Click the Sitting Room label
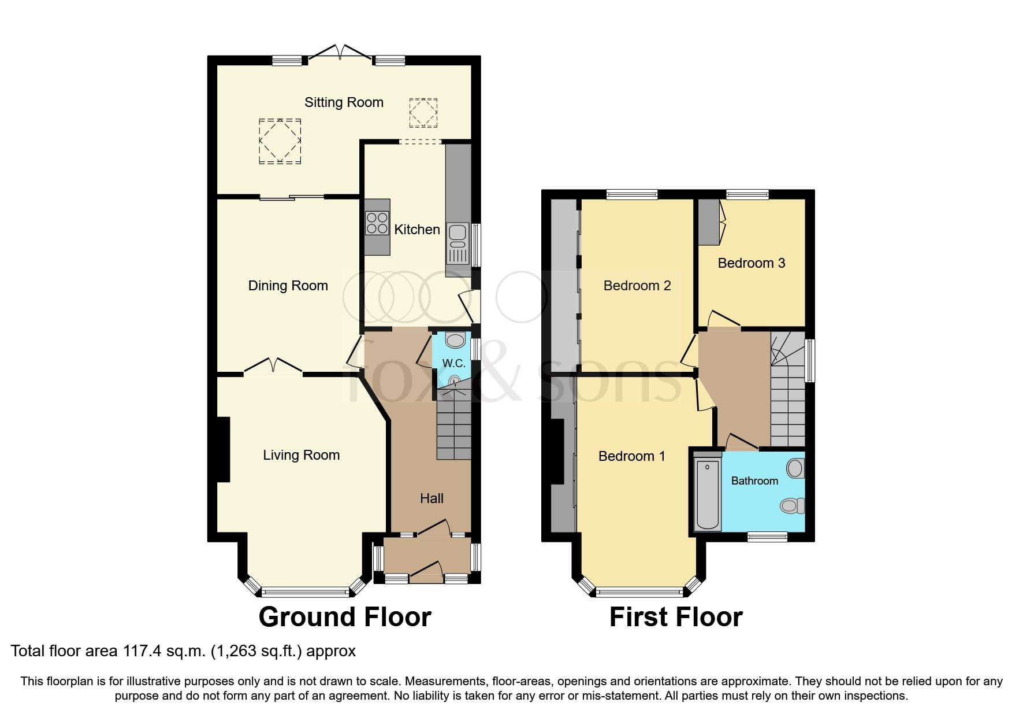(344, 102)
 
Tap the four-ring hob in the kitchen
(377, 223)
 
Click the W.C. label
(453, 363)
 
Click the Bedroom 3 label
(751, 263)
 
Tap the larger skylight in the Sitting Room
(280, 141)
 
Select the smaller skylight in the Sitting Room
(423, 113)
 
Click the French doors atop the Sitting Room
(341, 54)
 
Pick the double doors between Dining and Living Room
(273, 367)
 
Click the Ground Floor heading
(345, 617)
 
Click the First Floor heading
(675, 617)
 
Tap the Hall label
(431, 498)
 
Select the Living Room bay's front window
(305, 592)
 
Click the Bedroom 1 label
(631, 456)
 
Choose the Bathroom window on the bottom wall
(767, 537)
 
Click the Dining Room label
(288, 286)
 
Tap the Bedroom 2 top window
(632, 195)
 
